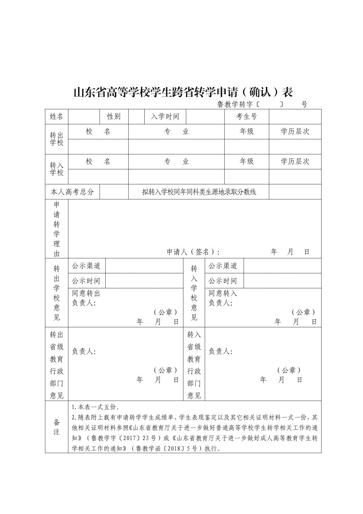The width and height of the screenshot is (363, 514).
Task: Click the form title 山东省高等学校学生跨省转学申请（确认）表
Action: (x=183, y=92)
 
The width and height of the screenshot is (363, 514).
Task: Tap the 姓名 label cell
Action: (x=56, y=116)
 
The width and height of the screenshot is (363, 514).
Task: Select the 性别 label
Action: (x=114, y=116)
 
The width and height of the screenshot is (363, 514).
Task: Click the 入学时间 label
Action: (x=165, y=116)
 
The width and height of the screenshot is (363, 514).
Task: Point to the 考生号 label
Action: (x=246, y=116)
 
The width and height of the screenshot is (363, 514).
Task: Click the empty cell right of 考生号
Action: (x=295, y=116)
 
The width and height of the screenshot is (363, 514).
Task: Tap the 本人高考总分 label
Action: (x=72, y=192)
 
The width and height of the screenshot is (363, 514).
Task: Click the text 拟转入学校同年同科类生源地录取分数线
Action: (x=199, y=192)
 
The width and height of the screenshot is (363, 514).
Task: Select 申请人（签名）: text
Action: (x=193, y=252)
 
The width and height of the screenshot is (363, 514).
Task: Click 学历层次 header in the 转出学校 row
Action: (x=295, y=131)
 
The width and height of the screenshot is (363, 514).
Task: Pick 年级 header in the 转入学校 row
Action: (x=246, y=162)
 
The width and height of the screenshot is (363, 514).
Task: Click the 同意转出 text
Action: (x=86, y=294)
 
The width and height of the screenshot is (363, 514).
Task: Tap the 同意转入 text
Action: (x=223, y=294)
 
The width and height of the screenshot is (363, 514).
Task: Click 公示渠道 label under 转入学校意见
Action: (x=223, y=266)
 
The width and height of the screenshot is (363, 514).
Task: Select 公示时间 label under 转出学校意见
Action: (x=86, y=281)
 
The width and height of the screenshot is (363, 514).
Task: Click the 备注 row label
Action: (x=56, y=427)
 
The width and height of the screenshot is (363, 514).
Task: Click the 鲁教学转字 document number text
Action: (x=235, y=104)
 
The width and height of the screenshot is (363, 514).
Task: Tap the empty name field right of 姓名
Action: (x=84, y=116)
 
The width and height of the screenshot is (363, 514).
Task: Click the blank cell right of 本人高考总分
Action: (x=114, y=192)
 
